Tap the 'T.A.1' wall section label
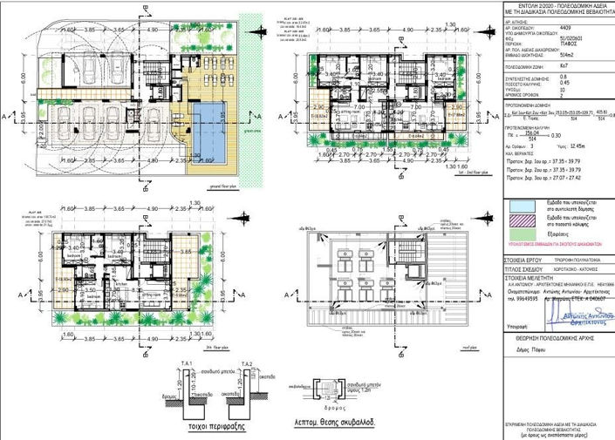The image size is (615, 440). pos(186,363)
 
